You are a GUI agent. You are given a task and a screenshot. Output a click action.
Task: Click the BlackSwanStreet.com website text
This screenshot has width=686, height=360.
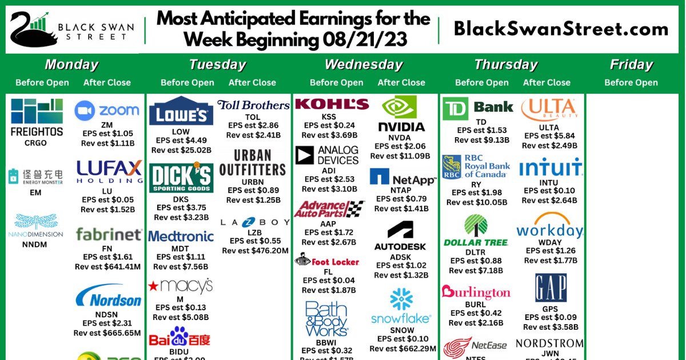click(561, 29)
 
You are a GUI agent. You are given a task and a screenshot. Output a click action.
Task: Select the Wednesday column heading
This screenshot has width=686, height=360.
click(364, 65)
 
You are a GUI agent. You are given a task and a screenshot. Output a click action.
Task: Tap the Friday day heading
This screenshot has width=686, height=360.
click(631, 65)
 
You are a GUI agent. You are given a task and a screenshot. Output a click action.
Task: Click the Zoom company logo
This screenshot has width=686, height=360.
click(107, 110)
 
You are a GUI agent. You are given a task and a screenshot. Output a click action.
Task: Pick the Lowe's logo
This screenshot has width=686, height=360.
click(181, 111)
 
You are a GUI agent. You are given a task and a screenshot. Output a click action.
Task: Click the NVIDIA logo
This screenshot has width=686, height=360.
click(401, 114)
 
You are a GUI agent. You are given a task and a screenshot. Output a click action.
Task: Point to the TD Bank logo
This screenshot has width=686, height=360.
click(478, 108)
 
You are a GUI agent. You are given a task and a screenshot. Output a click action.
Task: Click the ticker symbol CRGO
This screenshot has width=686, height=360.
click(35, 143)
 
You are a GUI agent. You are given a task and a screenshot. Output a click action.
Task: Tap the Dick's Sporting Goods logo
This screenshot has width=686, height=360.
click(181, 178)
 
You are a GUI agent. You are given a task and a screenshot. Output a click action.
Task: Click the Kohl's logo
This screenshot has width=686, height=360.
click(332, 104)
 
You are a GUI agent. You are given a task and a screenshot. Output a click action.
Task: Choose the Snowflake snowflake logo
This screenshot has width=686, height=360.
click(401, 299)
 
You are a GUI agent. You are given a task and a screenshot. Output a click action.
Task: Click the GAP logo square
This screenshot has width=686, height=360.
click(551, 287)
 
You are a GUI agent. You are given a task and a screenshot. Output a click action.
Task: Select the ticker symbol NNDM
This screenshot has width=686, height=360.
click(35, 245)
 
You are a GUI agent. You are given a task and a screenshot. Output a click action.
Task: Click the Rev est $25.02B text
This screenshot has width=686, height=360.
click(181, 150)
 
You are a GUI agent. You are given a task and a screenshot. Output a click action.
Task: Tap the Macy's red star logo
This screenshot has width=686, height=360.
click(154, 285)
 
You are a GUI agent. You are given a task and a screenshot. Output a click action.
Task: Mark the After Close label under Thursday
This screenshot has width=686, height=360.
click(547, 82)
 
